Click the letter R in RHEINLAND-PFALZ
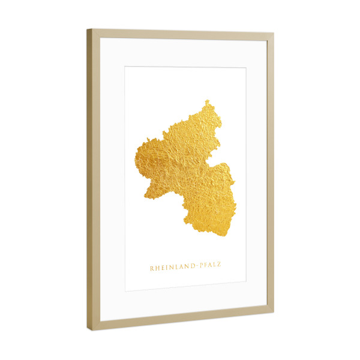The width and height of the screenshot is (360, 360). tap(151, 268)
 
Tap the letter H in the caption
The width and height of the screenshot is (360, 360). tap(157, 268)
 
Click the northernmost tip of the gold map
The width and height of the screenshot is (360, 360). tap(208, 101)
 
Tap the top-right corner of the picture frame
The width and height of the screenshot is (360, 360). tap(274, 34)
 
